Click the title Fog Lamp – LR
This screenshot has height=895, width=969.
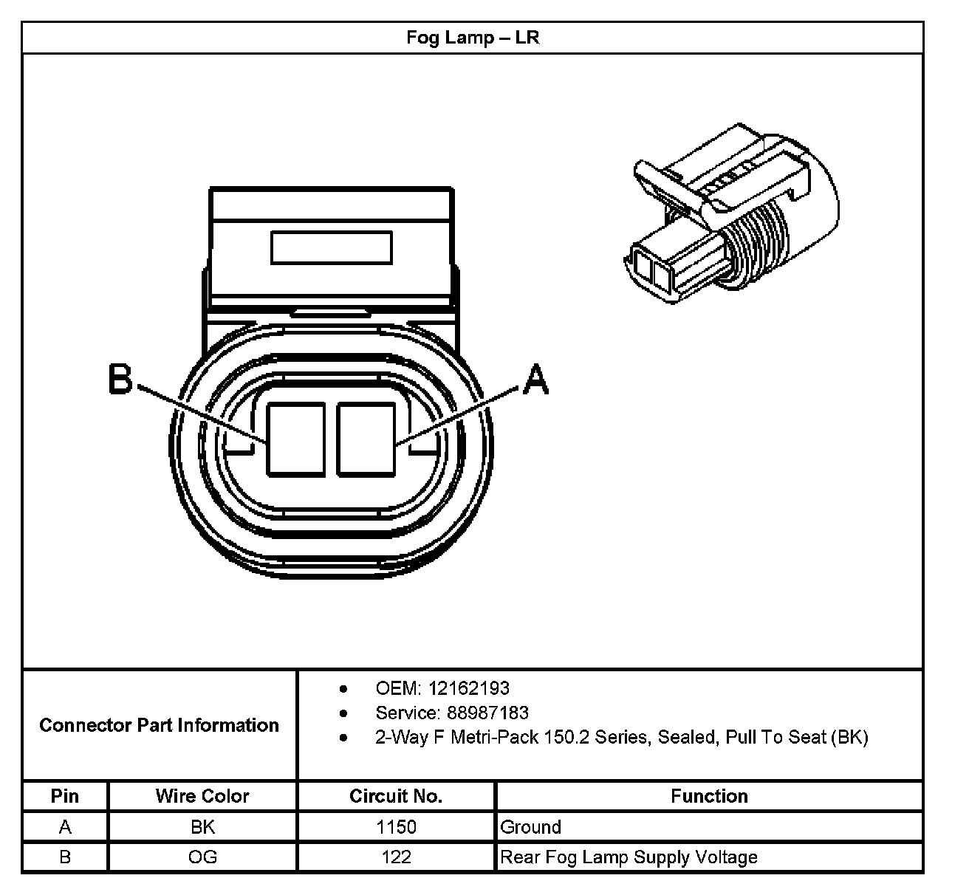[x=473, y=38]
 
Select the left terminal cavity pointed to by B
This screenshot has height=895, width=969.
[x=295, y=438]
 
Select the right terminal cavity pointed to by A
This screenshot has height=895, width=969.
[x=366, y=438]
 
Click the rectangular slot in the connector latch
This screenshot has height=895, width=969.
[x=331, y=247]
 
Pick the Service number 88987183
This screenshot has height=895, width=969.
[x=488, y=713]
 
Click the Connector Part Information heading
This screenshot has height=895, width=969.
[x=159, y=725]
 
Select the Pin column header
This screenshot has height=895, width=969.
[x=65, y=796]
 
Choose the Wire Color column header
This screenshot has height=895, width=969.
[x=202, y=796]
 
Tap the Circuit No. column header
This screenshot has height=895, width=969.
[x=396, y=796]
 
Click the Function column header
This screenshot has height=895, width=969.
[x=709, y=796]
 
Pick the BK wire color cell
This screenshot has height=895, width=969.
[x=202, y=827]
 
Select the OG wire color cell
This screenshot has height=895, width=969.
[x=202, y=857]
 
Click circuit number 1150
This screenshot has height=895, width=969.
[x=396, y=827]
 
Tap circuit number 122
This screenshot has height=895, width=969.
[x=396, y=857]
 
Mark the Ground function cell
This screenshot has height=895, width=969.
[x=531, y=827]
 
